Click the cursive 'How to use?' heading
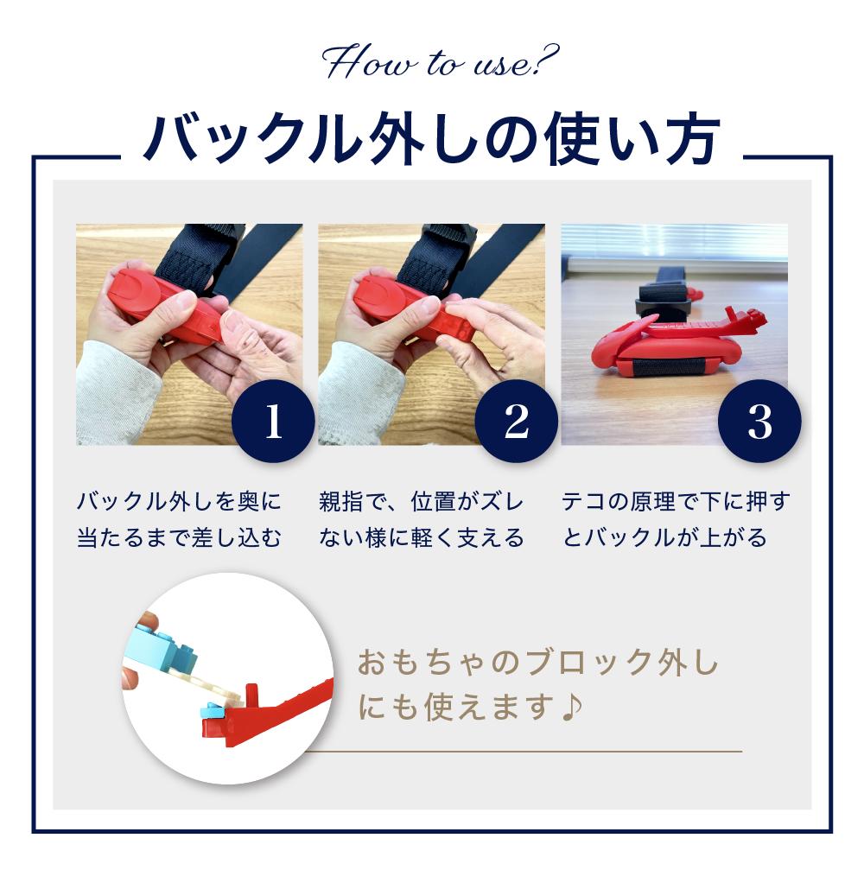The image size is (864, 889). pyautogui.click(x=441, y=62)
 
